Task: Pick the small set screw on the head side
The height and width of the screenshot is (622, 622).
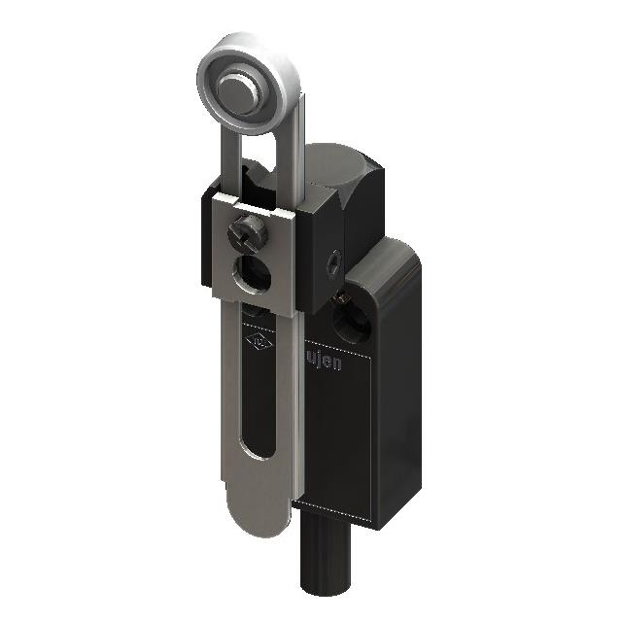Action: [x=333, y=259]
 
